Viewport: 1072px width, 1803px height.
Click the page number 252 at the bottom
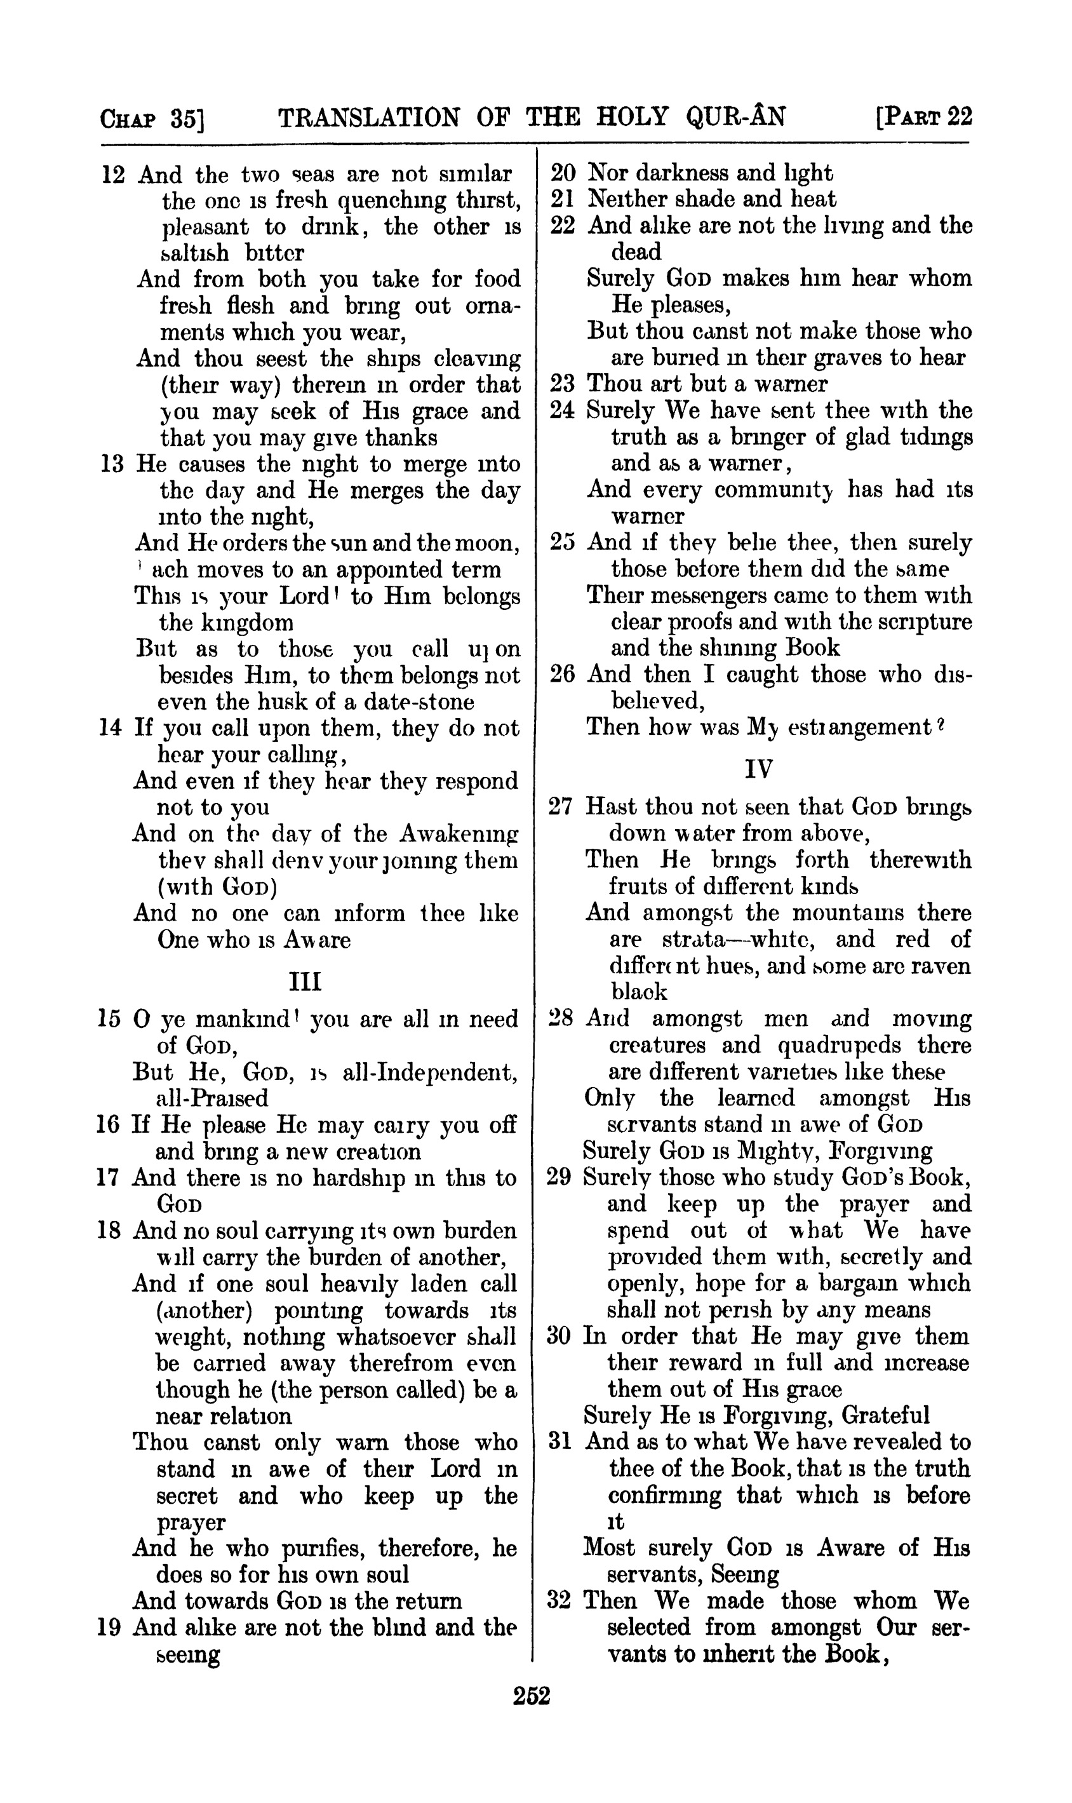pyautogui.click(x=532, y=1696)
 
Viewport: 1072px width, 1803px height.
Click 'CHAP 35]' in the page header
pyautogui.click(x=152, y=119)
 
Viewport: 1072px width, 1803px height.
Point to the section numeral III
pyautogui.click(x=305, y=982)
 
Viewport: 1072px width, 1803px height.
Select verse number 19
pyautogui.click(x=109, y=1628)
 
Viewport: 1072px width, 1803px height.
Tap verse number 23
pyautogui.click(x=562, y=384)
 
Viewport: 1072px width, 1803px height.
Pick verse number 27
pyautogui.click(x=561, y=806)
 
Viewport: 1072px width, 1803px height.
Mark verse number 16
pyautogui.click(x=109, y=1125)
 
